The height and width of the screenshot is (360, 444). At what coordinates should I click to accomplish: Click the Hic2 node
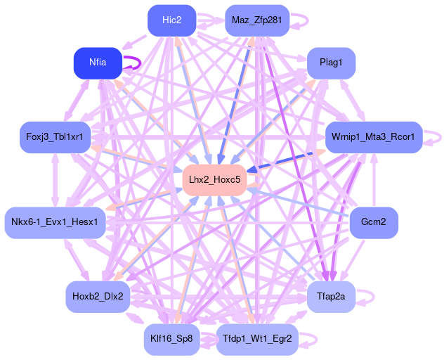pyautogui.click(x=171, y=20)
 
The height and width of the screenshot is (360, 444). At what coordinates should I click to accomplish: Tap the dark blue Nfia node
pyautogui.click(x=98, y=63)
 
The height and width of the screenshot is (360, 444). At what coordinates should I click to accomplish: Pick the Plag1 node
pyautogui.click(x=331, y=63)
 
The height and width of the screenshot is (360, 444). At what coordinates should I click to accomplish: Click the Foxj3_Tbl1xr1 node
pyautogui.click(x=54, y=136)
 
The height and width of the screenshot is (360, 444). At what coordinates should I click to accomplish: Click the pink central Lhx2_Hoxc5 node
pyautogui.click(x=214, y=180)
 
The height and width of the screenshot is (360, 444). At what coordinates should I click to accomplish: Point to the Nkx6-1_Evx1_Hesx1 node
pyautogui.click(x=55, y=223)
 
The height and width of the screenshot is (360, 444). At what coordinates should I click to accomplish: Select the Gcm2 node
pyautogui.click(x=374, y=223)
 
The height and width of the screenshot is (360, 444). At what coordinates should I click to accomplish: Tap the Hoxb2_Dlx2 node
pyautogui.click(x=98, y=297)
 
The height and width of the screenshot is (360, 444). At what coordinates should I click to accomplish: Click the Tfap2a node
pyautogui.click(x=331, y=297)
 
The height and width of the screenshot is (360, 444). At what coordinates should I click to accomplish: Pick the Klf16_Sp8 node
pyautogui.click(x=171, y=339)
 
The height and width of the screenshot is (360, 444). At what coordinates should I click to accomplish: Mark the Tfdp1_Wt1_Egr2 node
pyautogui.click(x=257, y=339)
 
